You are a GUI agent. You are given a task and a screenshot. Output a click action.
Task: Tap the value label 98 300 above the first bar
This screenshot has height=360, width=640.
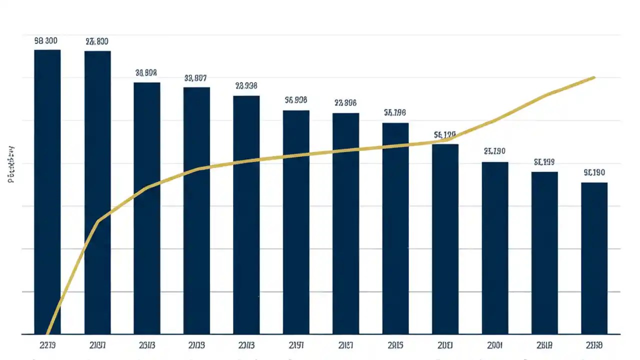point(46,41)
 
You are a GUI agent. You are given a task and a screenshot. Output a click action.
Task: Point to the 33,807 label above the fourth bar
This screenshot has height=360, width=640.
point(195,78)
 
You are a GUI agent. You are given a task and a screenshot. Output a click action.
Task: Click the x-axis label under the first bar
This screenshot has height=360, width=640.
point(46,345)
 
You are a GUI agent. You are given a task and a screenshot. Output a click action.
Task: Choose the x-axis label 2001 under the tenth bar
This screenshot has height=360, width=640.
point(494,345)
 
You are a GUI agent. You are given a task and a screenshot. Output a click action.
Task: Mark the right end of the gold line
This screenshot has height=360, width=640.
point(594,77)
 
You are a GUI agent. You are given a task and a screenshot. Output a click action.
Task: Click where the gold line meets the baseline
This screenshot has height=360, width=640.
point(47,333)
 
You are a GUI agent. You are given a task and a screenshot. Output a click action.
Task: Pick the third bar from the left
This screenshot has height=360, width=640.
point(146,208)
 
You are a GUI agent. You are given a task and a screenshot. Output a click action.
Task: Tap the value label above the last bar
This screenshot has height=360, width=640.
point(594,173)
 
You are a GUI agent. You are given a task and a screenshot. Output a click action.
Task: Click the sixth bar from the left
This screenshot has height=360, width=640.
point(296,222)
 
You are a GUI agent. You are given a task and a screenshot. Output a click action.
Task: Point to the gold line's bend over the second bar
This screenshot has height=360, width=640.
point(98,220)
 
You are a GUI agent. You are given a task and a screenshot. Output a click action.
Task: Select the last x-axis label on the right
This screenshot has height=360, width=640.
point(594,345)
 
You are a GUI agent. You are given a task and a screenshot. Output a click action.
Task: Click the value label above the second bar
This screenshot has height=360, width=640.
point(96,42)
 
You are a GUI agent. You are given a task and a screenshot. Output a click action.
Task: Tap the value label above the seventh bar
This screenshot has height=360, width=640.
point(345,103)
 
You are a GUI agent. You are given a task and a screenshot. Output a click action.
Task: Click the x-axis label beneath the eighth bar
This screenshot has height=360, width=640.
point(395,345)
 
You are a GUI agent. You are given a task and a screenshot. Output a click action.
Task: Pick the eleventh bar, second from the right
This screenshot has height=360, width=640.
point(544,252)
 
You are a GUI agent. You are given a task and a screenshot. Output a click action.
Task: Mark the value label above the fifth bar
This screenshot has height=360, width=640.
point(246,86)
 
